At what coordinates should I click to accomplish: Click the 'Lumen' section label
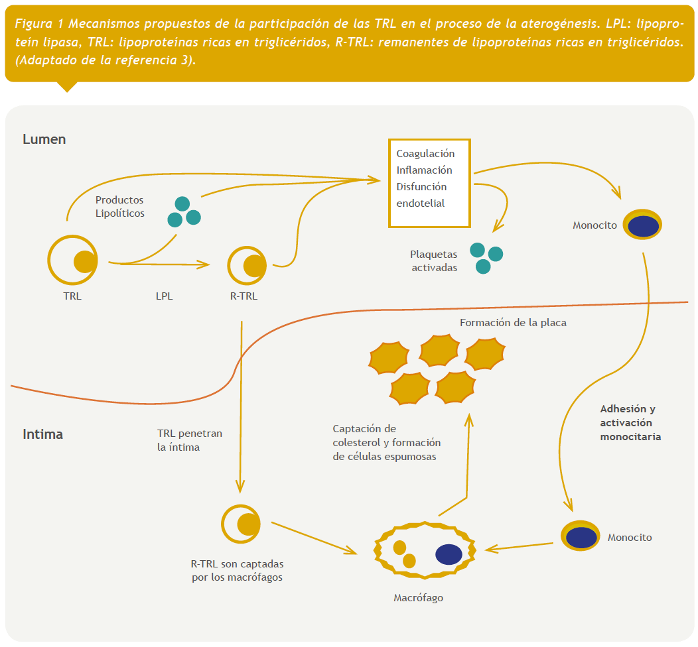44,140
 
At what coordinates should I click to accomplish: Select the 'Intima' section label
42,435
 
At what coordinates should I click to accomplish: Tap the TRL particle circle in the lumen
73,261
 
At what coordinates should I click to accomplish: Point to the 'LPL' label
164,296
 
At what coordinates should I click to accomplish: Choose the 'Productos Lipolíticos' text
119,206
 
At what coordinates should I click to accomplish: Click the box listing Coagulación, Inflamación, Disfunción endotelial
429,183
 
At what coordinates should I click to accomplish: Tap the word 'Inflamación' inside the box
424,170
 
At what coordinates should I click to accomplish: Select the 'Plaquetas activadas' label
434,261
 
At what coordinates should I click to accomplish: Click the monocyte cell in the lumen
643,226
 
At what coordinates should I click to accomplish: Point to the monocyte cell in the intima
581,536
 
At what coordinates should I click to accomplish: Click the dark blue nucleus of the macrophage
449,554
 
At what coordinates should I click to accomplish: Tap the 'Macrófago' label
418,598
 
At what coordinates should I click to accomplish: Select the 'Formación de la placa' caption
513,323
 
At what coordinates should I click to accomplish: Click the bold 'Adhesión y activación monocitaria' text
630,423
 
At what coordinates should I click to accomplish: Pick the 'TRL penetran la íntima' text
189,440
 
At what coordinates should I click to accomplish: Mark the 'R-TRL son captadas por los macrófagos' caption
237,571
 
